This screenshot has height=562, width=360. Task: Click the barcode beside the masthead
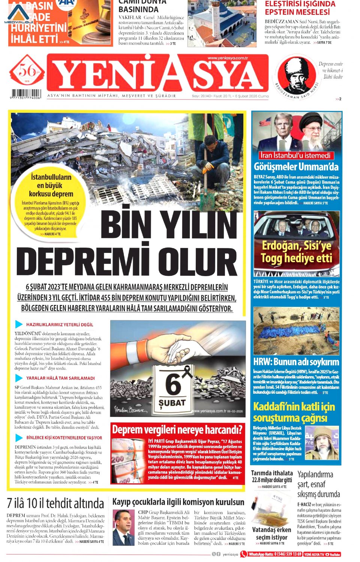[x=26, y=93]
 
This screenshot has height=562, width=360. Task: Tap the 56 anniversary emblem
[x=27, y=70]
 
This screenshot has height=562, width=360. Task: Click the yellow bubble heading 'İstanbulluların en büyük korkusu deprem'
[x=51, y=185]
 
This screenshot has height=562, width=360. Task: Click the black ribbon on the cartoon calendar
[x=186, y=372]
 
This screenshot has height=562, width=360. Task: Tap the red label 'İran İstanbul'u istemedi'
[x=296, y=155]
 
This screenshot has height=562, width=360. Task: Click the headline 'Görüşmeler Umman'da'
[x=296, y=167]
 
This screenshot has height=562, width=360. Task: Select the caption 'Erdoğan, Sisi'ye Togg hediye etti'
[x=296, y=252]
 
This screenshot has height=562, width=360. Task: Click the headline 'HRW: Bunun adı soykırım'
[x=296, y=362]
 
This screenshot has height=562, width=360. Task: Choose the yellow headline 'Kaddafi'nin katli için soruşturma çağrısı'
[x=294, y=412]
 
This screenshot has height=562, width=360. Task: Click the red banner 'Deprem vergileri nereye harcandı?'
[x=177, y=430]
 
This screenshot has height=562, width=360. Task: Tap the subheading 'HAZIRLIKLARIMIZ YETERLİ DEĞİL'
[x=60, y=324]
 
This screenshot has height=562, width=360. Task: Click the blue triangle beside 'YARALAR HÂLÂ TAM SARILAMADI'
[x=19, y=378]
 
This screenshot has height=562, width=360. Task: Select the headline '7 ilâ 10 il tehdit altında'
[x=55, y=503]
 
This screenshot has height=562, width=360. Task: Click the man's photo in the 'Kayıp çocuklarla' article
[x=123, y=527]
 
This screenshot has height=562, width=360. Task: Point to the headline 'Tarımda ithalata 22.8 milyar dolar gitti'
[x=272, y=476]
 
